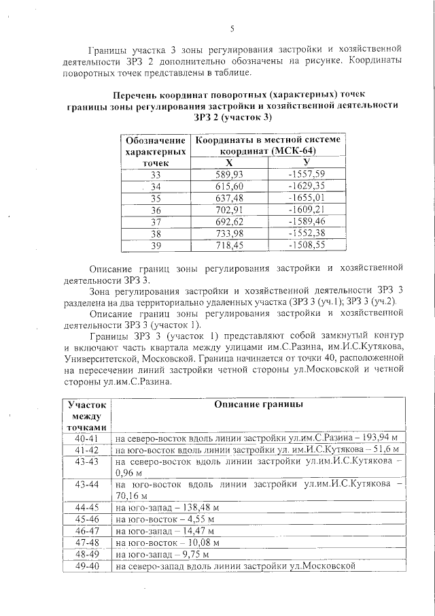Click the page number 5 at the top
(x=232, y=28)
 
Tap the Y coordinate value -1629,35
(x=307, y=186)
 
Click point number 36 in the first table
(x=156, y=210)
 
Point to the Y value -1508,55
(x=307, y=246)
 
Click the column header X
(x=229, y=162)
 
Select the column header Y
(x=307, y=162)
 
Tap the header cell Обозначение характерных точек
(x=156, y=150)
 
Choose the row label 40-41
(x=87, y=438)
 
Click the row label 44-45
(x=87, y=507)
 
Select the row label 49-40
(x=87, y=566)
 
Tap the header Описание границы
(x=258, y=404)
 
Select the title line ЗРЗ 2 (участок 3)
(x=232, y=118)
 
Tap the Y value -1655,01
(x=307, y=198)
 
